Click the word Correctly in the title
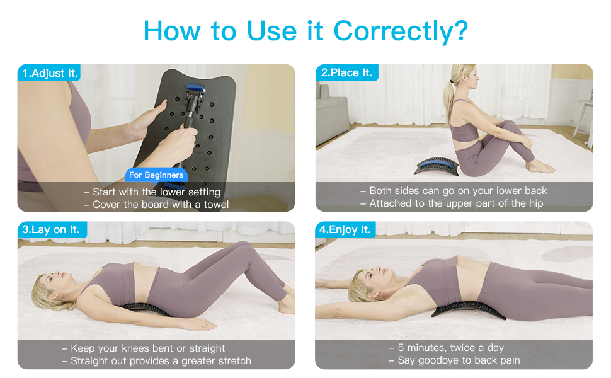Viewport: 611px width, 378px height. [x=400, y=30]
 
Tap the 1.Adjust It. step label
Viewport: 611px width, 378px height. [x=50, y=73]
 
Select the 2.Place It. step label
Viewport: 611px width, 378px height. [x=346, y=72]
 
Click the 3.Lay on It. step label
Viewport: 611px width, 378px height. [x=51, y=230]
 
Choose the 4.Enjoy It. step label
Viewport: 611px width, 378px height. [x=345, y=230]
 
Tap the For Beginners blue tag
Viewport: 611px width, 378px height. [x=156, y=175]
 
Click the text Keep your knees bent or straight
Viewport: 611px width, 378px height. [x=143, y=348]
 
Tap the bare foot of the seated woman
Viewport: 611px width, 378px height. [x=540, y=167]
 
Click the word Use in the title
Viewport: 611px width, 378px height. [x=273, y=30]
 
